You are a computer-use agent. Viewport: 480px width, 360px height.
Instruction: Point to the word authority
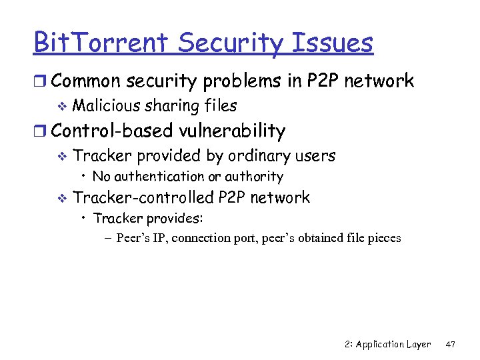(255, 177)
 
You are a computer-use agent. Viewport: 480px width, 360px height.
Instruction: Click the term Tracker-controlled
(144, 197)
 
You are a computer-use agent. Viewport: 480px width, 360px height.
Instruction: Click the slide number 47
(449, 344)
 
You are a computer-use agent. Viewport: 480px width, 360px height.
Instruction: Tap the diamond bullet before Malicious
(63, 106)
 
